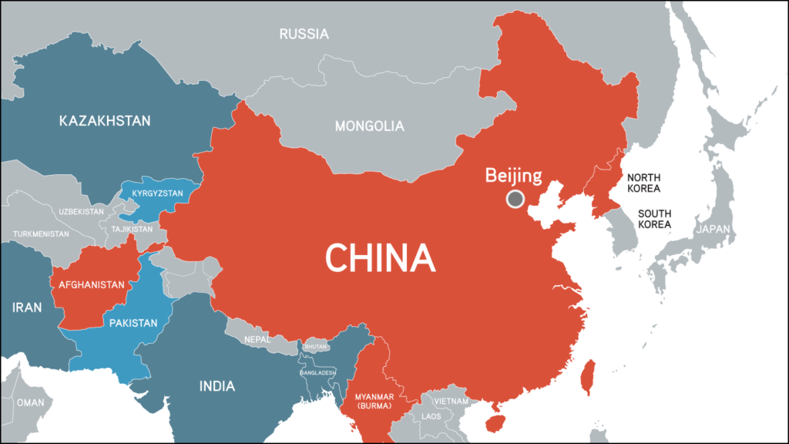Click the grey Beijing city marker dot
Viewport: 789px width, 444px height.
tap(515, 200)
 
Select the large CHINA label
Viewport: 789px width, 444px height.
tap(380, 257)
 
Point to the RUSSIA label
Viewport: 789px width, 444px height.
tap(304, 34)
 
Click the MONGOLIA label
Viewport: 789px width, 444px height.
tap(369, 126)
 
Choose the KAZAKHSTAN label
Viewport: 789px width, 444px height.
tap(105, 121)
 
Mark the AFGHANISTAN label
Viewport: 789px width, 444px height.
tap(91, 284)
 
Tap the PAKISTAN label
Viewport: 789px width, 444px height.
tap(133, 323)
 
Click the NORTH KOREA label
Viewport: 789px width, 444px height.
tap(643, 183)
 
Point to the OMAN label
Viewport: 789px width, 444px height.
tap(31, 402)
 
